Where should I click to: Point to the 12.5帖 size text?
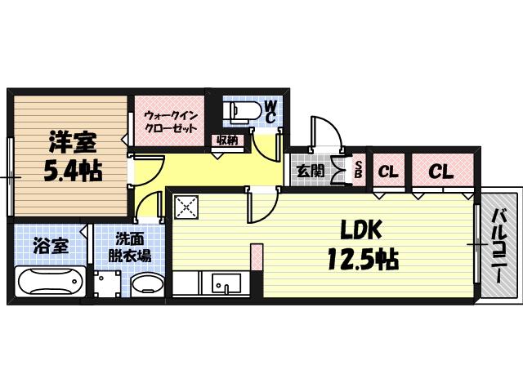coord(363,261)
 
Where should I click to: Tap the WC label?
coord(270,112)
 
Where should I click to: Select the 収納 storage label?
coord(228,140)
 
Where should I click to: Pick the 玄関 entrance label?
coord(308,171)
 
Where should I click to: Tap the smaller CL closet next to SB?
coord(388,172)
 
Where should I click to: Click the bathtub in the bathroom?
coord(50,283)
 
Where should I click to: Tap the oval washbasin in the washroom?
coord(148,285)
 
